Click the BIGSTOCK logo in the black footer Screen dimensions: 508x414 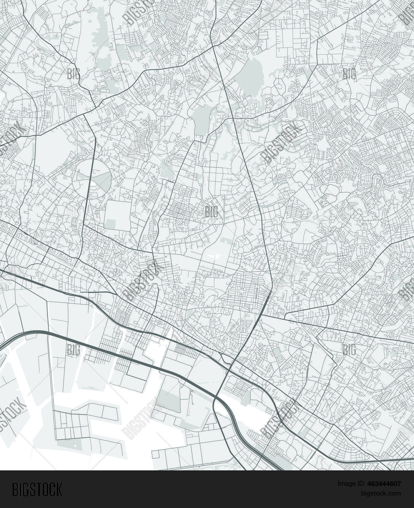pos(37,489)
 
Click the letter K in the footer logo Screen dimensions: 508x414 pos(59,489)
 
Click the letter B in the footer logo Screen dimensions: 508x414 pos(15,489)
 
